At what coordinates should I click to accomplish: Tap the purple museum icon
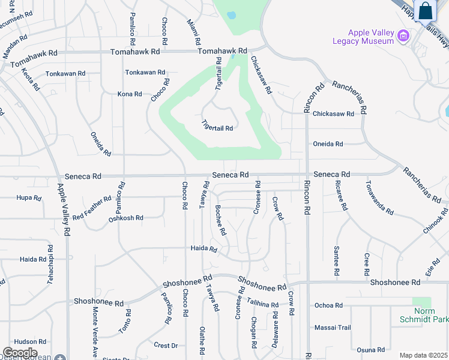[404, 36]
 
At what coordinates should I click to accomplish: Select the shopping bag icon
[425, 11]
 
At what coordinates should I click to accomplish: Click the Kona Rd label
[130, 94]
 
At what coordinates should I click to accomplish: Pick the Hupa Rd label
[29, 197]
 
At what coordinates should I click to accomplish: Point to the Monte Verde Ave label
[95, 332]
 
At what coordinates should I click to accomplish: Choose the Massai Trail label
[332, 328]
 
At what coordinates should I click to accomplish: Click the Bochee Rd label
[220, 220]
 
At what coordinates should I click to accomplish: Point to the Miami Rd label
[193, 33]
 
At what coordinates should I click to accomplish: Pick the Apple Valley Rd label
[64, 208]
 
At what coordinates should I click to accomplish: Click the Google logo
[20, 353]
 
